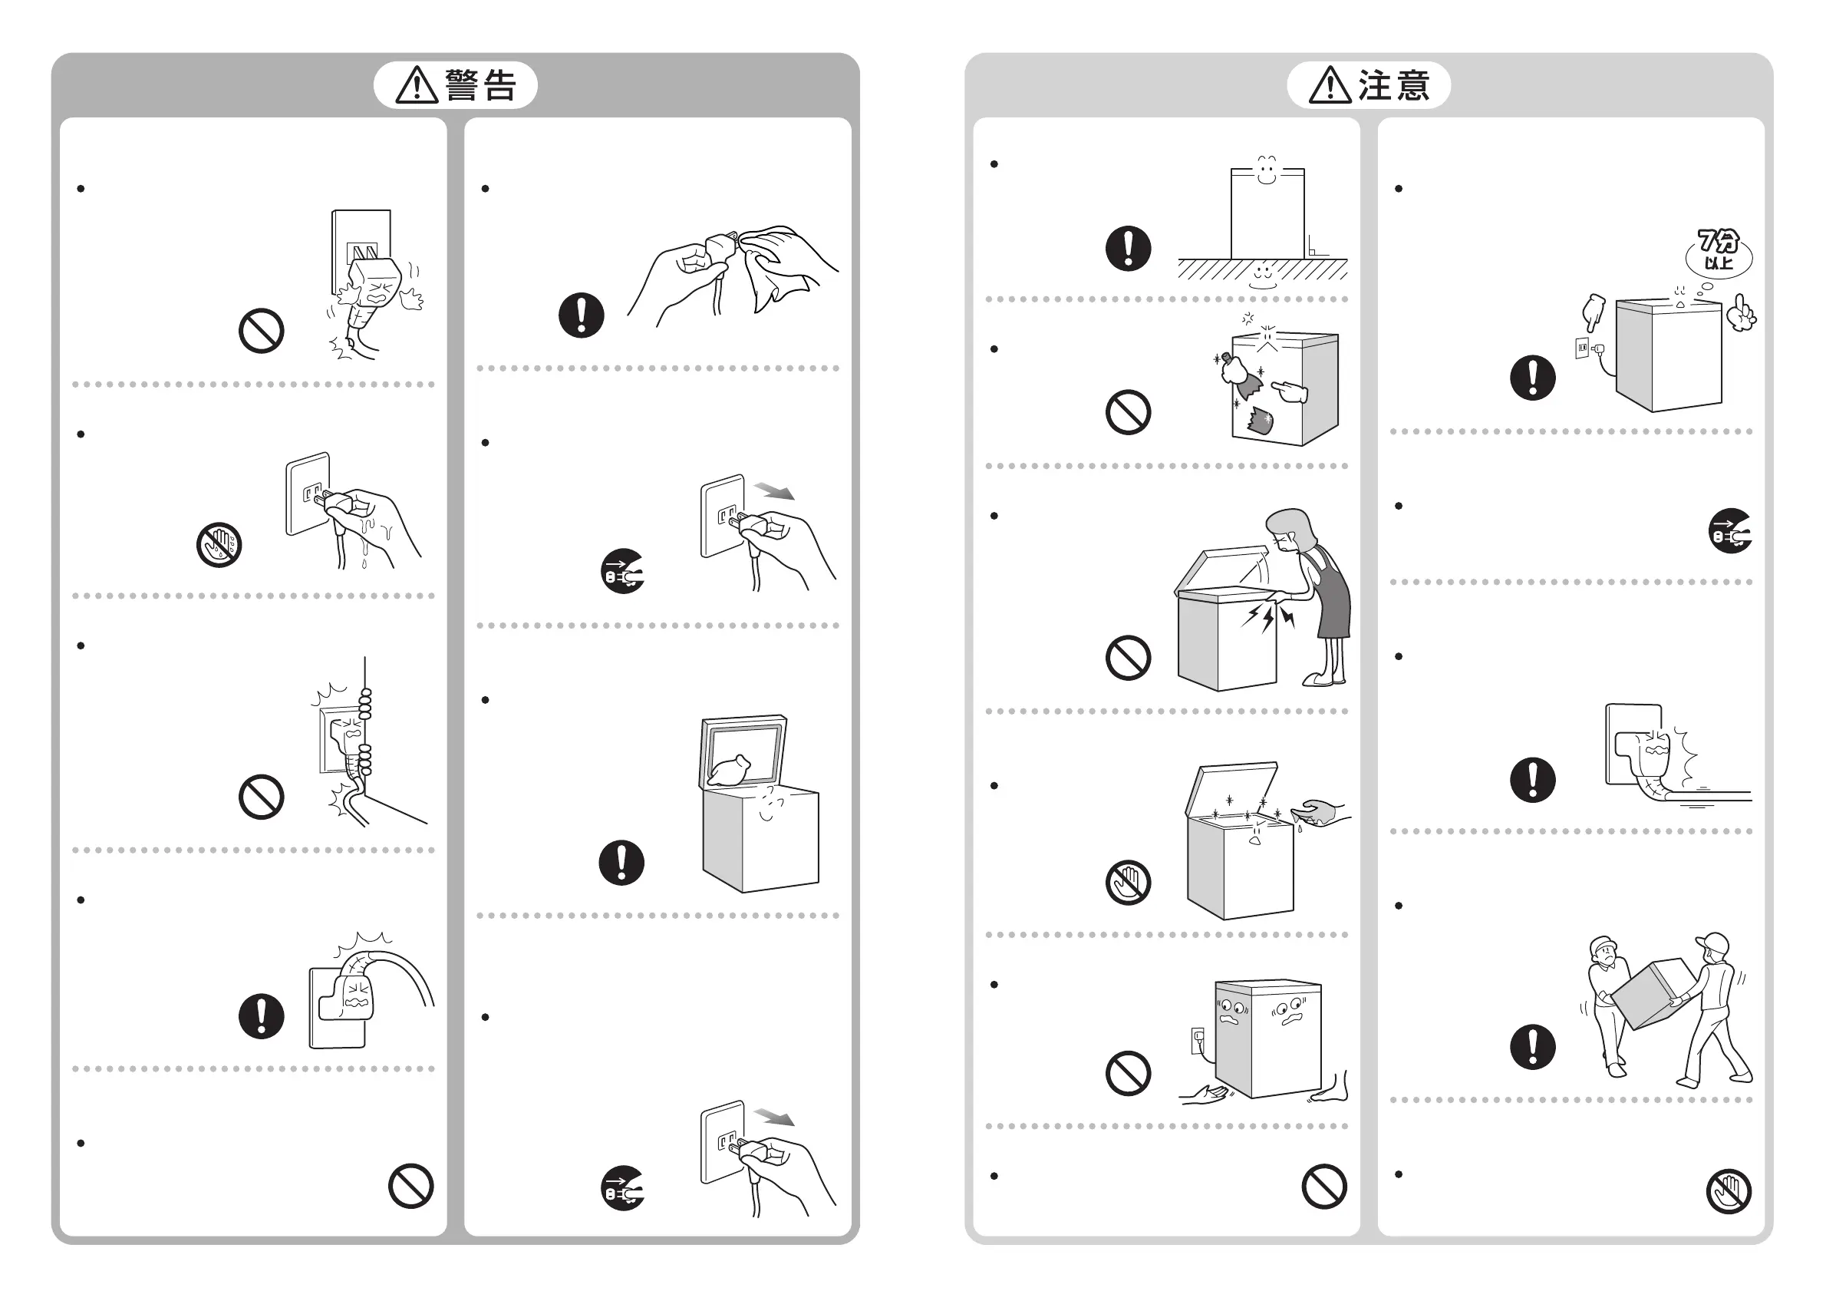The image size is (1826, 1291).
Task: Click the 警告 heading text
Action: [x=480, y=85]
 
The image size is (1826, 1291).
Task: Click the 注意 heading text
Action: [x=1393, y=85]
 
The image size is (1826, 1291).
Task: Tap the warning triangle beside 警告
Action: [x=417, y=85]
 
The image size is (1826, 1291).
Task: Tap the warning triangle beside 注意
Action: [x=1330, y=85]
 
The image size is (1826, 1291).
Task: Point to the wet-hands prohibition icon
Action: [x=219, y=545]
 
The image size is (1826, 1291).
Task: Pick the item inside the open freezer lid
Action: [x=730, y=771]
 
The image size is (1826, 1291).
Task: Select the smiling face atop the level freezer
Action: [x=1267, y=170]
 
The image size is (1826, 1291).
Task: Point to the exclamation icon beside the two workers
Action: [x=1533, y=1046]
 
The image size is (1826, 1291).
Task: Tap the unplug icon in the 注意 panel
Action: [x=1731, y=530]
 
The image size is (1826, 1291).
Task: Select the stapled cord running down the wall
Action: [x=365, y=740]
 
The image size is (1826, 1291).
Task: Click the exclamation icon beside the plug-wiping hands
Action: [x=582, y=315]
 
